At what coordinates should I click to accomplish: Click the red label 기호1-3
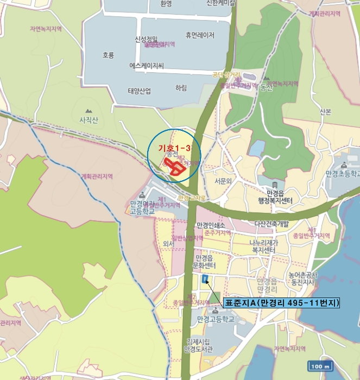tap(174, 148)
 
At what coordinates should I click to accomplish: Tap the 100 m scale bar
tap(320, 366)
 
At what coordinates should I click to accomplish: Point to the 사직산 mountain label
tap(89, 120)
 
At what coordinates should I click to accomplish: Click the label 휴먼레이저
tap(200, 35)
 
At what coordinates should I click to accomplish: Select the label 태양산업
tap(139, 91)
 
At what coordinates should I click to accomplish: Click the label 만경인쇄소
tap(214, 225)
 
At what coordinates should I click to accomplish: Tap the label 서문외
tap(223, 181)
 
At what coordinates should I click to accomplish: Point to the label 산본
tap(325, 112)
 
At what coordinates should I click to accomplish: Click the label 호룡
tap(109, 55)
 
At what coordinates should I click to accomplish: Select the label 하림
tap(181, 88)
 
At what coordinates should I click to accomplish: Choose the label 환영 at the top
tap(166, 3)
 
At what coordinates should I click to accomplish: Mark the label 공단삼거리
tap(226, 74)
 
